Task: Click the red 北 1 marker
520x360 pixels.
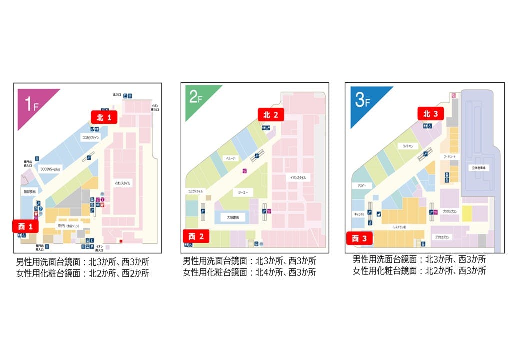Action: point(104,117)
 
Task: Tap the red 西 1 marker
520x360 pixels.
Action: point(25,227)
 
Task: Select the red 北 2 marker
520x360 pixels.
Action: point(271,115)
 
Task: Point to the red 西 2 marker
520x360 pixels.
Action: point(196,236)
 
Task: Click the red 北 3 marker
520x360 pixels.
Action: point(431,114)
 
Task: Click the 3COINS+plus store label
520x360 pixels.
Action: point(51,169)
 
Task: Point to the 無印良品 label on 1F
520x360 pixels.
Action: point(30,191)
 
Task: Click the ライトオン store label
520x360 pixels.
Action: point(409,146)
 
